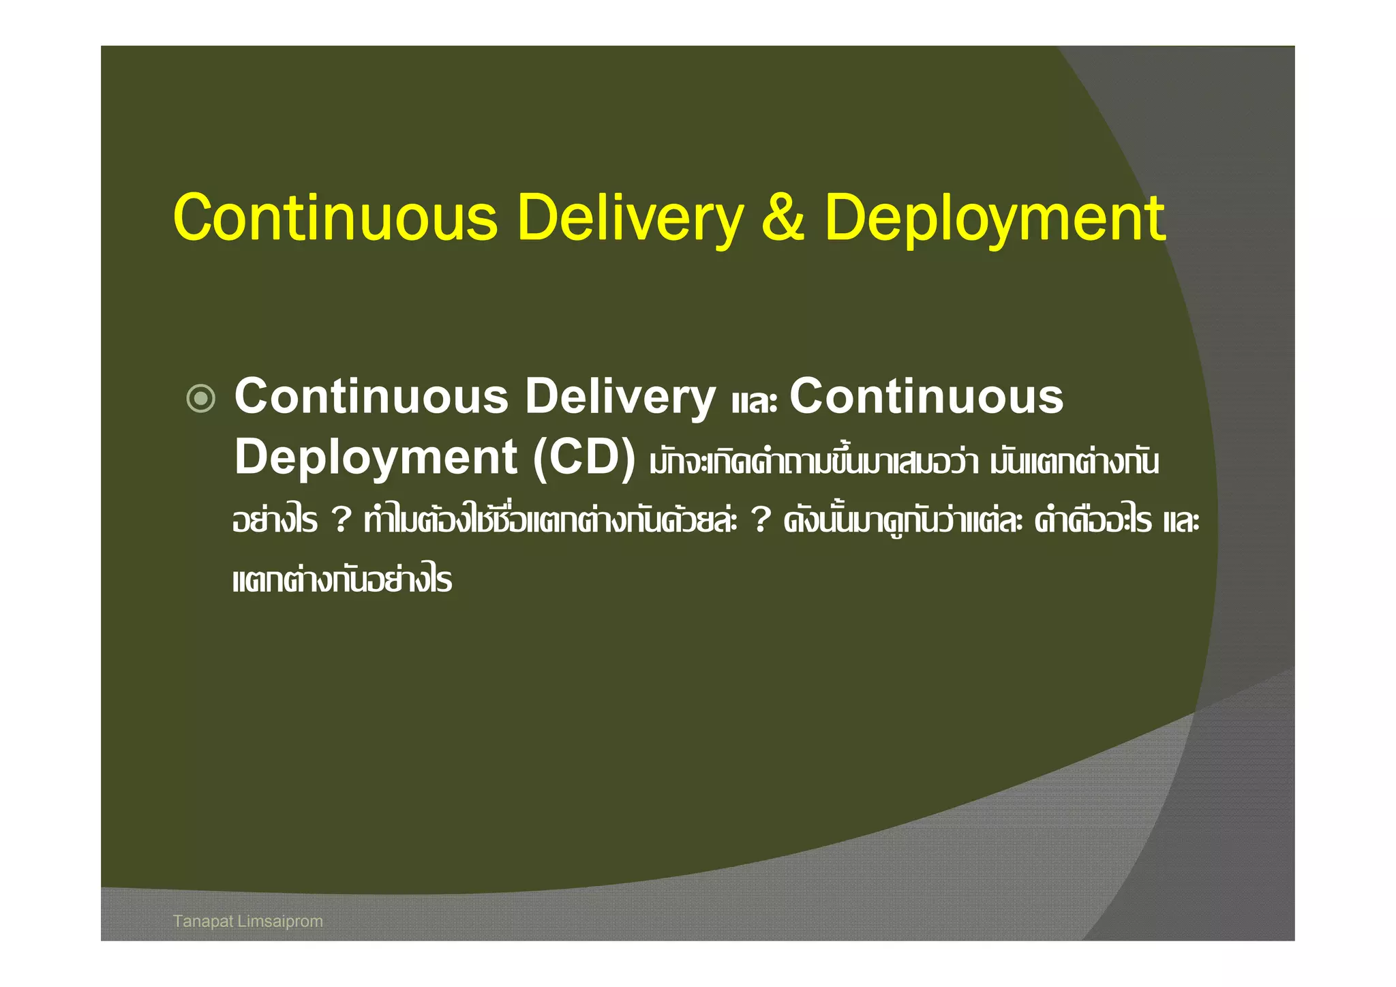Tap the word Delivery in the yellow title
pos(630,218)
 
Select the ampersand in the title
pos(783,218)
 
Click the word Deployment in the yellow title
pos(995,218)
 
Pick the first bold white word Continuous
pos(371,397)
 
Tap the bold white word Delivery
pos(620,397)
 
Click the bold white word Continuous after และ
pos(926,397)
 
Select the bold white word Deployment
pos(376,457)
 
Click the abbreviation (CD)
pos(584,457)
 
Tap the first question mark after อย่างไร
pos(341,521)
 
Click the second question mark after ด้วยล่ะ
pos(761,521)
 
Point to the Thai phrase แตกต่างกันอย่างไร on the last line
pos(342,581)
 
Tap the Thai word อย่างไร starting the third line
pos(275,521)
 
